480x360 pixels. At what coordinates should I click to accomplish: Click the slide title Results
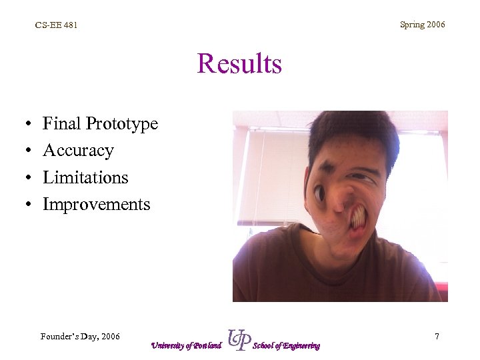(239, 65)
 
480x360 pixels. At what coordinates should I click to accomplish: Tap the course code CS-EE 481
(56, 25)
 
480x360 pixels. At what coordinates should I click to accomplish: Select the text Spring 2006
(422, 25)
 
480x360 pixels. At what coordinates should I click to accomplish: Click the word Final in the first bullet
(61, 123)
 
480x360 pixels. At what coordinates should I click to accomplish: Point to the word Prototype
(121, 125)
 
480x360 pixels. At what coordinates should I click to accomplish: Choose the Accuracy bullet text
(78, 151)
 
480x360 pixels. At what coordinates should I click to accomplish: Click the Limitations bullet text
(85, 177)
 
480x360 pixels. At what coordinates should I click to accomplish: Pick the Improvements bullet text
(97, 205)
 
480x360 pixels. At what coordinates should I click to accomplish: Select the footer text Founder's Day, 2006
(80, 337)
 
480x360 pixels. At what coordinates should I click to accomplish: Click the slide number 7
(437, 337)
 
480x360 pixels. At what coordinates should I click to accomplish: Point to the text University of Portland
(185, 345)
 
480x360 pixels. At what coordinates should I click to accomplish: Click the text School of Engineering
(287, 345)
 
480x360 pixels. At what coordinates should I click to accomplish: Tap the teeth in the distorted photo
(357, 217)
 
